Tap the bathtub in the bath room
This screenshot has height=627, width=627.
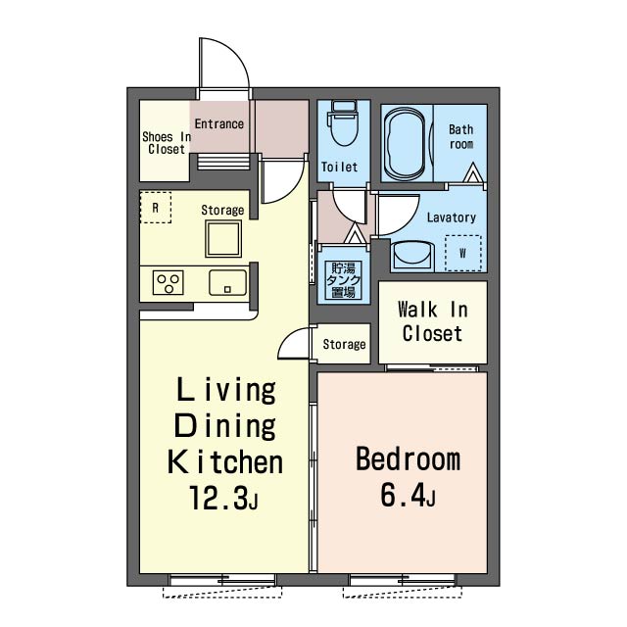(x=405, y=143)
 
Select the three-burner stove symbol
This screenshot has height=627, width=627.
(x=169, y=283)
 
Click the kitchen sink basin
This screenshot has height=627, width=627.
(x=227, y=283)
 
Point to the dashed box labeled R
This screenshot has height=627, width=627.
(x=156, y=208)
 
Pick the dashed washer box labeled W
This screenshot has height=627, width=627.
(x=463, y=253)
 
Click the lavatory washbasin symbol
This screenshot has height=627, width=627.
(x=413, y=255)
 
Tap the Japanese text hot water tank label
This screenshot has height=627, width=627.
(x=343, y=280)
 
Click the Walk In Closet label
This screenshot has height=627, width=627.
(x=433, y=321)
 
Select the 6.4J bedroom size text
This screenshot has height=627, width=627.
(x=408, y=494)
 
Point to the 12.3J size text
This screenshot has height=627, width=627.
(x=224, y=498)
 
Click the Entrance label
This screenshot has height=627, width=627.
(x=219, y=124)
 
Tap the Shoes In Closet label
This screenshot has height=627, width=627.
(x=167, y=143)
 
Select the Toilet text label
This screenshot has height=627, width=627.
(x=340, y=167)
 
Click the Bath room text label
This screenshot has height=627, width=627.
(x=461, y=136)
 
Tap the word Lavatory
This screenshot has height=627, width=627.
(x=452, y=217)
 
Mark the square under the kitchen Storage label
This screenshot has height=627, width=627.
(x=223, y=239)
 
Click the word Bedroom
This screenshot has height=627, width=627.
(x=408, y=458)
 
